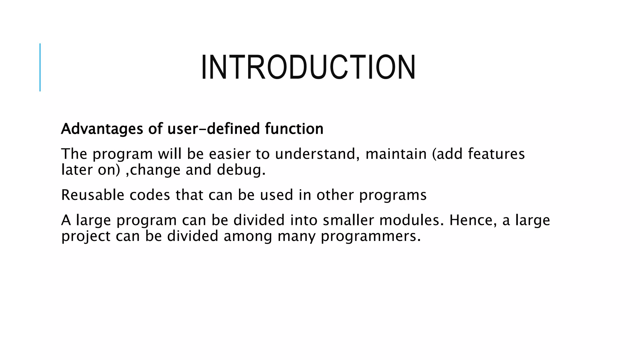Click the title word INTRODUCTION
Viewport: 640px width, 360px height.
click(308, 67)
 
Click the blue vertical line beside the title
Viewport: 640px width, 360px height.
click(40, 67)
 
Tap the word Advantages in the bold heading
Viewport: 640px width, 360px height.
click(102, 129)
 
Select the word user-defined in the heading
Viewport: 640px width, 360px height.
click(213, 129)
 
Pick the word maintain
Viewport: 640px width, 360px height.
click(396, 154)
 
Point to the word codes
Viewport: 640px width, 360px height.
click(150, 195)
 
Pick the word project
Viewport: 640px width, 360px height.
click(86, 236)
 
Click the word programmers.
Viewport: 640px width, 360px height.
click(371, 236)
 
